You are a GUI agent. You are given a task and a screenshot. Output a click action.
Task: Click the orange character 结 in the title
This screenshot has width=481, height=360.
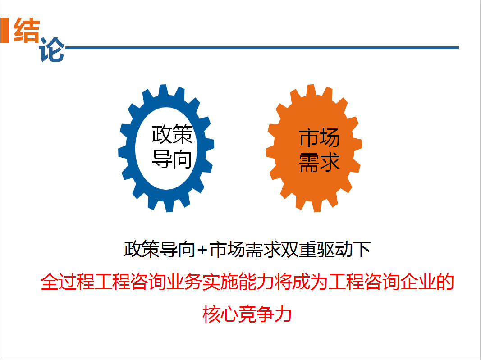[27, 30]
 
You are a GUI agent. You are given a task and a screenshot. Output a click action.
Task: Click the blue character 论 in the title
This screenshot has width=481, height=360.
[52, 50]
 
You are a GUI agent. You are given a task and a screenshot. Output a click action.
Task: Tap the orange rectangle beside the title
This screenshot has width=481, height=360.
[5, 30]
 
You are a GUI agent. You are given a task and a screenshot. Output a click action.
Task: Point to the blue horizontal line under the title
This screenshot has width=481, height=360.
[262, 48]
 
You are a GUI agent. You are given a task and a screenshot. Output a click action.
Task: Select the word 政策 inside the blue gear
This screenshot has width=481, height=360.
[172, 135]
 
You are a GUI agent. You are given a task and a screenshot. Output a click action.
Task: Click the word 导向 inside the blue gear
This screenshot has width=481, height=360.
[172, 159]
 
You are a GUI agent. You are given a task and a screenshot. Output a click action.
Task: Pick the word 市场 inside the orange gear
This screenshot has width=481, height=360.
[319, 138]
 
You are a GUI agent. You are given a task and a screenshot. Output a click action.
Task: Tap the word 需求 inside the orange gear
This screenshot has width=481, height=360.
[319, 162]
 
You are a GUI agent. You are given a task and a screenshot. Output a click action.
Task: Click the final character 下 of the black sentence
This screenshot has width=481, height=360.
[362, 249]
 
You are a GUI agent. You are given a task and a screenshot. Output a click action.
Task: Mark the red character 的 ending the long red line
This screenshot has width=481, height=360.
[445, 282]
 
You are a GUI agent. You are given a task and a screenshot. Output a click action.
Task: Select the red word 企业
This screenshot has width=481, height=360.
[418, 282]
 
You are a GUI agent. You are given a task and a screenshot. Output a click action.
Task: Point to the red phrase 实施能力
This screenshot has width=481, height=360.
[238, 282]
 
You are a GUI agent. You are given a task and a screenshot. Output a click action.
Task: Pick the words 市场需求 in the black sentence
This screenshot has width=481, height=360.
[245, 249]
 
